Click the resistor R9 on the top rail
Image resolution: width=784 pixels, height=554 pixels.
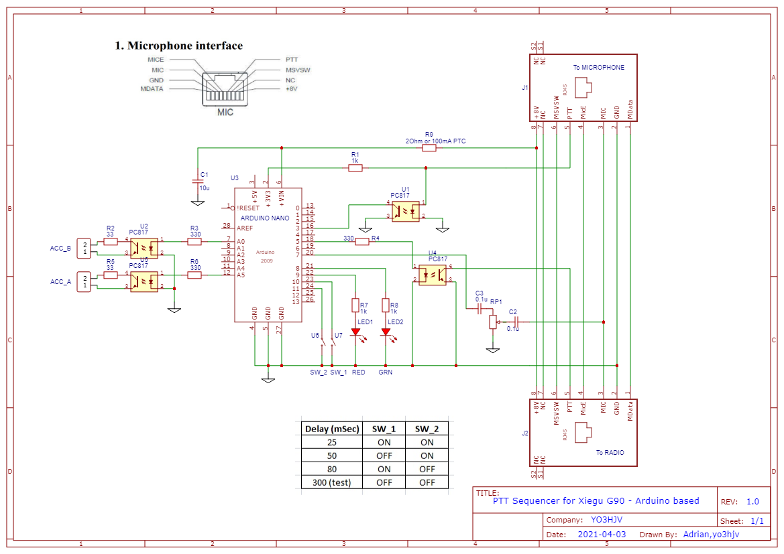[429, 148]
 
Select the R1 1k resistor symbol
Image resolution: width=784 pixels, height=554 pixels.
[355, 169]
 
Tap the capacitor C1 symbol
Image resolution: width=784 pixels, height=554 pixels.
[198, 182]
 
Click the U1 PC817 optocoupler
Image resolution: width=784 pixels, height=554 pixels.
[405, 212]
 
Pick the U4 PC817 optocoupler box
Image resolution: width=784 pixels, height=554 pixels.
[432, 275]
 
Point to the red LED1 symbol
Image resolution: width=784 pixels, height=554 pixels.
[355, 332]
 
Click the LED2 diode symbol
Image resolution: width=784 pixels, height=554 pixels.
[386, 332]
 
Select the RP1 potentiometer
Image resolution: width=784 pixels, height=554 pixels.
[493, 322]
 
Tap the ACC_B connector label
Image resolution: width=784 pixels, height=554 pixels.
[60, 249]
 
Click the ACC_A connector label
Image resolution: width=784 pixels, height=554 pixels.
[60, 282]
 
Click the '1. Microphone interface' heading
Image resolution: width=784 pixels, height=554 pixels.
[178, 46]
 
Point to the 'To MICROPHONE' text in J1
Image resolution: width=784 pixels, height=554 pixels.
[598, 68]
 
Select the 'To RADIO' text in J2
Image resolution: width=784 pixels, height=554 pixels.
[610, 453]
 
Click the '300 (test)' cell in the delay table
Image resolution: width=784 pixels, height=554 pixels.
[332, 482]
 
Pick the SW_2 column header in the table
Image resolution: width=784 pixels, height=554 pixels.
[426, 429]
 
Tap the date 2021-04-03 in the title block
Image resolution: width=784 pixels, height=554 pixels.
[602, 535]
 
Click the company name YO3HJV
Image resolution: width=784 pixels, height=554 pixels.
[608, 520]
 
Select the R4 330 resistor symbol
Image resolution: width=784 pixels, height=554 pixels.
[362, 241]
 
